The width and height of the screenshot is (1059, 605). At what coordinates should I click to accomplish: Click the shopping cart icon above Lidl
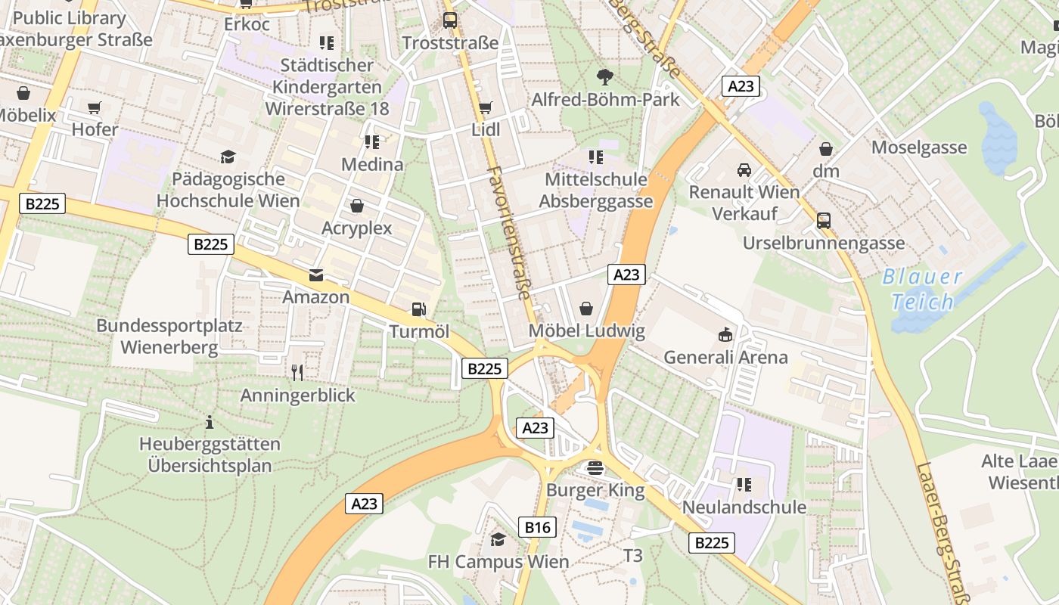[485, 107]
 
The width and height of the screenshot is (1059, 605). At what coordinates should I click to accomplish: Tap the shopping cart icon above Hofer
[95, 107]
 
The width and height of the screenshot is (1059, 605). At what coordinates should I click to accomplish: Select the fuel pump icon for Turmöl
[418, 309]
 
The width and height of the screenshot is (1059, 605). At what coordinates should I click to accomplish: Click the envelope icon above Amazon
[315, 275]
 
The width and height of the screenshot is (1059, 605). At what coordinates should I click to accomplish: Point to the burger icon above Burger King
[595, 468]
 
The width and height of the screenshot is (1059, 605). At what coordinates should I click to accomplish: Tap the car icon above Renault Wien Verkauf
[744, 169]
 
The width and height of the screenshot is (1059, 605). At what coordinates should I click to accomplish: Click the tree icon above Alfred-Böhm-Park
[604, 76]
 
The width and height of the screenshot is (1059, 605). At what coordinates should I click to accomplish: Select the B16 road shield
[537, 526]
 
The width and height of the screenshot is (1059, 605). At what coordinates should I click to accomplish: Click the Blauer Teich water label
[922, 290]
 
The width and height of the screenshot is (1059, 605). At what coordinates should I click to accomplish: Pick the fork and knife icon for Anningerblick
[297, 372]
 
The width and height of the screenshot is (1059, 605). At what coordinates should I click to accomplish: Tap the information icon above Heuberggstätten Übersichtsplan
[210, 421]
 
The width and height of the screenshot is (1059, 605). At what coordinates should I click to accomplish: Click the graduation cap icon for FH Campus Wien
[498, 539]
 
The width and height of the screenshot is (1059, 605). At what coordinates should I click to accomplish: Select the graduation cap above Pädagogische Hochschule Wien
[228, 157]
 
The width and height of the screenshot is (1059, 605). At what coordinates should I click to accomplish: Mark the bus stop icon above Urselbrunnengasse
[824, 221]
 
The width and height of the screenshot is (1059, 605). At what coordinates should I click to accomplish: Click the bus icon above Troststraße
[450, 20]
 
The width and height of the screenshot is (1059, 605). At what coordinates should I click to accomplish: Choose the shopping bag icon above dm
[826, 149]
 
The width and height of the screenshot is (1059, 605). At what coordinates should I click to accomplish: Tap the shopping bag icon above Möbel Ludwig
[586, 309]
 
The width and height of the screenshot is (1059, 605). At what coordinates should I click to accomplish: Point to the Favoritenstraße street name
[508, 233]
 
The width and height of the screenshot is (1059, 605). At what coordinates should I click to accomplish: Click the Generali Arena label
[725, 357]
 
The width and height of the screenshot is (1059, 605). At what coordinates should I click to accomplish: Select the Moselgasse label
[919, 147]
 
